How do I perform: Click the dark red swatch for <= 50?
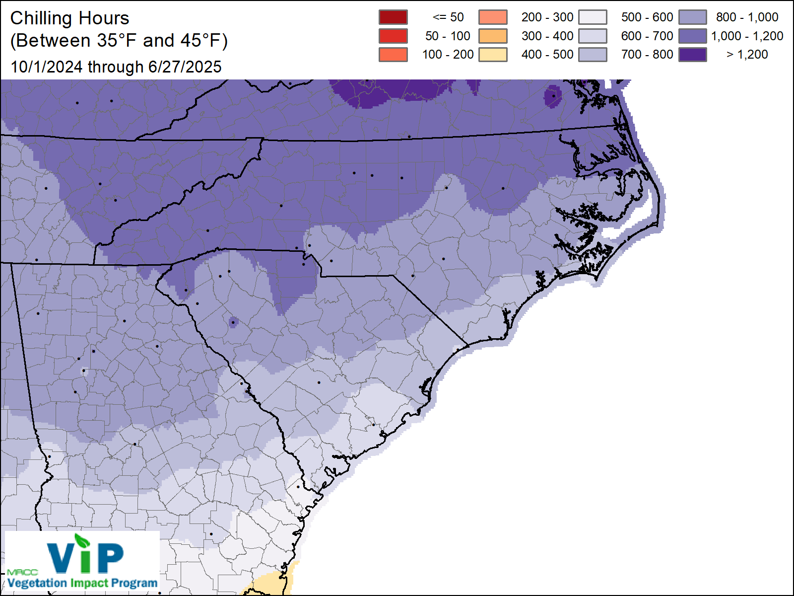[393, 17]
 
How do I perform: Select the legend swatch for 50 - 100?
[393, 36]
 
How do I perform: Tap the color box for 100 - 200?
[393, 54]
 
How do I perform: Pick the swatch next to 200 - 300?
[493, 17]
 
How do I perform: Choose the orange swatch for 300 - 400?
[493, 36]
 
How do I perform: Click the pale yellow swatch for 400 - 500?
[493, 54]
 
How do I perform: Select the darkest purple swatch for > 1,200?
[693, 54]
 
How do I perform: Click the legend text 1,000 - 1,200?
[747, 36]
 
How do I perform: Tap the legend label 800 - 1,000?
[747, 17]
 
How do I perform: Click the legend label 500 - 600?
[647, 17]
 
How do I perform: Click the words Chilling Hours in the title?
[69, 18]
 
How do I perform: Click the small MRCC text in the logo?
[22, 572]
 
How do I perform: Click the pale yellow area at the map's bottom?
[268, 584]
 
